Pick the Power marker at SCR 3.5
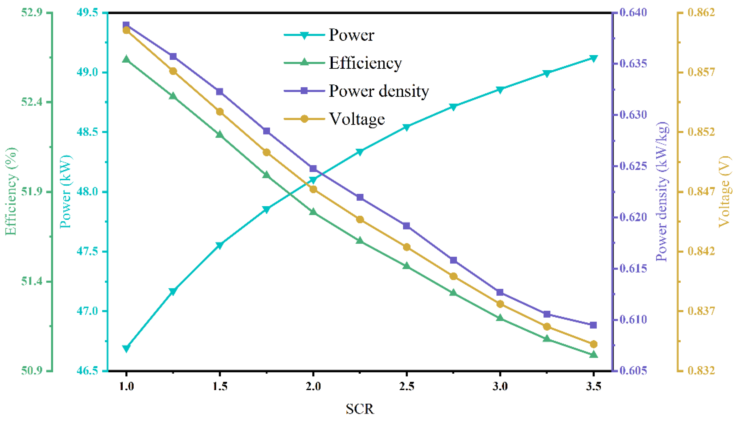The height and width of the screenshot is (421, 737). point(593,58)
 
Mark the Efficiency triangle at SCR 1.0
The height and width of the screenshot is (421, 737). point(126,60)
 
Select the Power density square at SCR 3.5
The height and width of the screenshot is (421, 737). point(593,325)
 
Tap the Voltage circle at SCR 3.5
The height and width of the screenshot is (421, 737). point(593,344)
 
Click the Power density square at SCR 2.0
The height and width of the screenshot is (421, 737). point(313,169)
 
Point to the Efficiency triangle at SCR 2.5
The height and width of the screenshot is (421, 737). point(407,266)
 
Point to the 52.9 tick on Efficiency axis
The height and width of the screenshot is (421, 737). point(32,13)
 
